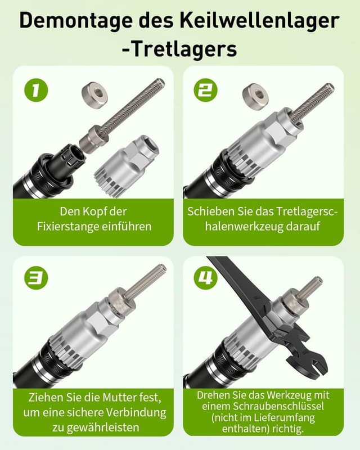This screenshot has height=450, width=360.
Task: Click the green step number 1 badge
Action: point(36,90)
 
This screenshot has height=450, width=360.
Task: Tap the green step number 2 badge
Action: point(205,90)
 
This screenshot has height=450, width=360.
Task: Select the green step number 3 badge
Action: point(36,277)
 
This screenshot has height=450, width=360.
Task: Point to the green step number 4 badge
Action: point(205,277)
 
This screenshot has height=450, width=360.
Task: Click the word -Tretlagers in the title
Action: point(179,49)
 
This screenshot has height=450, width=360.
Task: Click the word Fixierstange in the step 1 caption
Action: point(64,227)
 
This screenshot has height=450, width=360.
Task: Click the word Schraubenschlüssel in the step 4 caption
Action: point(278,406)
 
